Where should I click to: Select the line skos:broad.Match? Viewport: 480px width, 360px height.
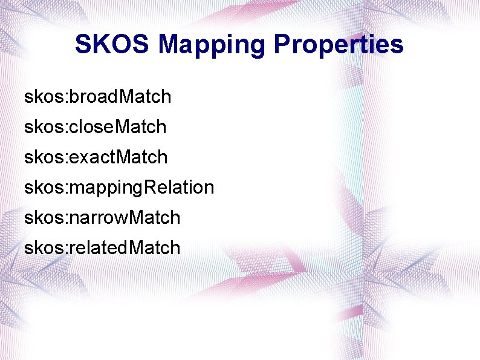point(98,96)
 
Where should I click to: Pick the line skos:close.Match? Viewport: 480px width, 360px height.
point(96,126)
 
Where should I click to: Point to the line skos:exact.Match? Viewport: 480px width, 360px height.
point(96,157)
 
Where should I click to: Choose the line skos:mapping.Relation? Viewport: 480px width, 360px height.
point(119,188)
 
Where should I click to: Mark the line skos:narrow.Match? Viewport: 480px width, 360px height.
point(102,217)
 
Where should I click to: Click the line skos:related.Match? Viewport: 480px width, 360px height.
point(102,247)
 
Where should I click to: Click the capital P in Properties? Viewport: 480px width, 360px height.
point(282,45)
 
